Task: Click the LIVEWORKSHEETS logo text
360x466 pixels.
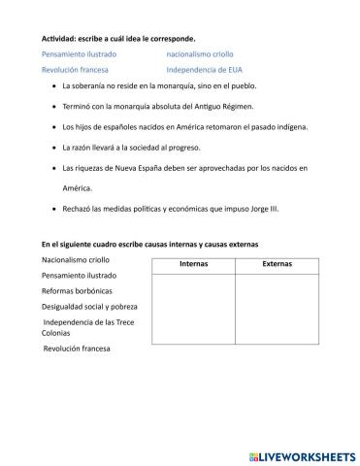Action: coord(301,453)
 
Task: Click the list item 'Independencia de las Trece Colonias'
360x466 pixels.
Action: coord(82,327)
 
